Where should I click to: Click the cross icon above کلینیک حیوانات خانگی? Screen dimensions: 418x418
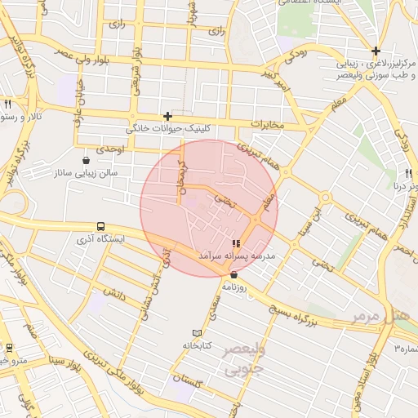click(x=167, y=117)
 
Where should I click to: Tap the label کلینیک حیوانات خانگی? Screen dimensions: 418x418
click(x=167, y=129)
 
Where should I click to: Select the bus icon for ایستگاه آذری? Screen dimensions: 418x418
click(x=100, y=226)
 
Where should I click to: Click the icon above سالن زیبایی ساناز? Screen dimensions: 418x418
click(x=87, y=160)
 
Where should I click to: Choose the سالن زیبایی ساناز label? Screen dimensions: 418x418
click(x=87, y=173)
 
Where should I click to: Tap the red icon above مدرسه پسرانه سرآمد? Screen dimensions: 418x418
click(x=236, y=243)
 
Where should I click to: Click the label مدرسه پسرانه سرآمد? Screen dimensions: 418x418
click(x=236, y=256)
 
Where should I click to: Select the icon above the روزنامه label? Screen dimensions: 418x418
click(x=233, y=275)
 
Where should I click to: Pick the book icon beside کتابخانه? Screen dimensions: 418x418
click(x=196, y=333)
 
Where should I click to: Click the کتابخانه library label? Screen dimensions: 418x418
click(x=196, y=346)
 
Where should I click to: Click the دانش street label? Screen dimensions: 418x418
click(x=113, y=288)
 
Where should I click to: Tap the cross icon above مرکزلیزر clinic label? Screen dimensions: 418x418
click(x=376, y=51)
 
